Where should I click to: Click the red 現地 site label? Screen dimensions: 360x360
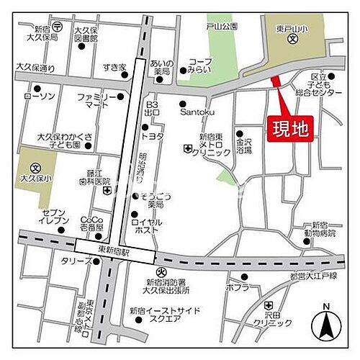[291, 129]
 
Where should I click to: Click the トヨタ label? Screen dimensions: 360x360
[154, 135]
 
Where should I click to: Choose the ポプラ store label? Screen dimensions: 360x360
[237, 287]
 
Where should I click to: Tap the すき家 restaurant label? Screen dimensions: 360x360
[114, 67]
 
